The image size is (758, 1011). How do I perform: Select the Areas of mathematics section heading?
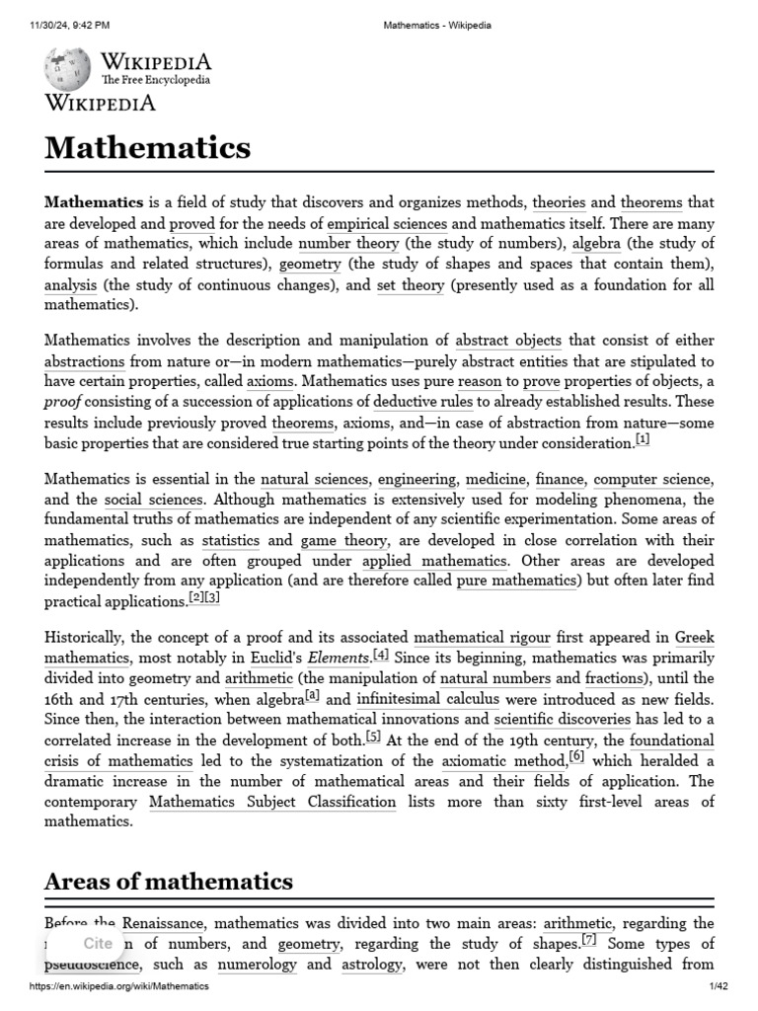(169, 880)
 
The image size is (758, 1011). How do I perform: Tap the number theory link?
(348, 244)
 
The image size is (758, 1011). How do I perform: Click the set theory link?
(411, 285)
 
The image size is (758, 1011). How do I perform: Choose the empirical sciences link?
(387, 223)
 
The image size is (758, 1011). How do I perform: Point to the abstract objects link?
(508, 340)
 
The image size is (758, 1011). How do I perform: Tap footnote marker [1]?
(643, 439)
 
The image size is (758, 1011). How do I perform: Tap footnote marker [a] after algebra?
(313, 695)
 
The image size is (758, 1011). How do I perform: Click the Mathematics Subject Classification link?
(272, 802)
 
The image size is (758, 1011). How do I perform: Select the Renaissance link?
(163, 923)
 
